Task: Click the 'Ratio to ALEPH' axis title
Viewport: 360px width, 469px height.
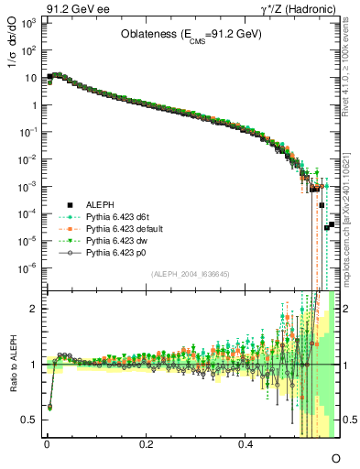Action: pyautogui.click(x=13, y=365)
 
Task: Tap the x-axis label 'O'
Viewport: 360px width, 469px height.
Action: pyautogui.click(x=335, y=457)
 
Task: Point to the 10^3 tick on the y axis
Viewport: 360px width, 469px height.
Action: pyautogui.click(x=27, y=22)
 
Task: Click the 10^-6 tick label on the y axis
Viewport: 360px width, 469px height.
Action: pyautogui.click(x=27, y=267)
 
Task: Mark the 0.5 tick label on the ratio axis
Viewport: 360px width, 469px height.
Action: pyautogui.click(x=27, y=420)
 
